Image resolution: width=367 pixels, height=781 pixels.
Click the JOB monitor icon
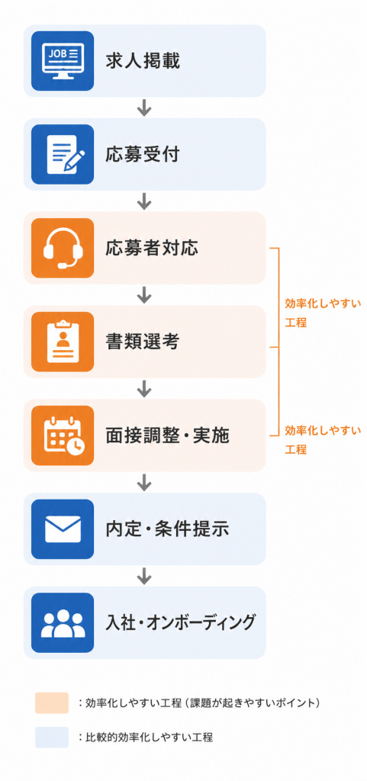[63, 61]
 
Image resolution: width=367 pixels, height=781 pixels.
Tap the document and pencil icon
[63, 154]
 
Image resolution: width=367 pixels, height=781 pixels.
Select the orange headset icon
[63, 248]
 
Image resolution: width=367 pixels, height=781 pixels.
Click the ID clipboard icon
[63, 341]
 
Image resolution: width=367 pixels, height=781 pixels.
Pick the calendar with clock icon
[63, 435]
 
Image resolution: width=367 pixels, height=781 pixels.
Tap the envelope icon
[63, 529]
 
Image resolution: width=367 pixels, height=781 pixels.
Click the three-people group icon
[63, 622]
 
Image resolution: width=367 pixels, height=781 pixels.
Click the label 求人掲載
[143, 61]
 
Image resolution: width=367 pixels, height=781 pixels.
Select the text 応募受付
[143, 154]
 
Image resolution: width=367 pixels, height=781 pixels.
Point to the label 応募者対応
[151, 248]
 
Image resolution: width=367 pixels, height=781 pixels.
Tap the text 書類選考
[143, 342]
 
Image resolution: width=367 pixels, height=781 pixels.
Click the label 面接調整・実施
[167, 435]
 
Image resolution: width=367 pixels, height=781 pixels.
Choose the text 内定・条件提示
[167, 529]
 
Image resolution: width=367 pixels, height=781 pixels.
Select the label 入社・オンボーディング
[181, 622]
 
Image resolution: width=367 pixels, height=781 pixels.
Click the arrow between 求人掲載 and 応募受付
[144, 108]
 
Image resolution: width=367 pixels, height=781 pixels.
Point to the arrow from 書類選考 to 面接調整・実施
[144, 388]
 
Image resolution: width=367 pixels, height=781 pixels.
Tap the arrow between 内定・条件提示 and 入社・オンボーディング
[144, 576]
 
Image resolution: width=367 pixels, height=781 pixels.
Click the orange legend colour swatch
[52, 702]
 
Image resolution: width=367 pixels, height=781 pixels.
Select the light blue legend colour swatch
[52, 738]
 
